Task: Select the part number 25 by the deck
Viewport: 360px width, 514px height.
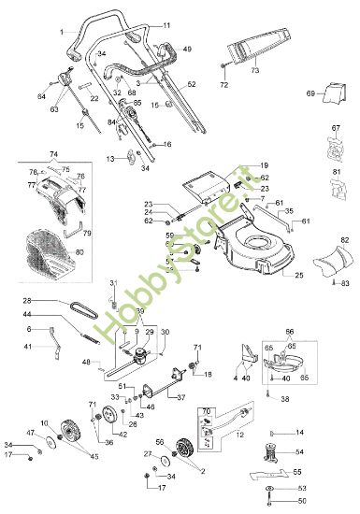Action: click(x=300, y=277)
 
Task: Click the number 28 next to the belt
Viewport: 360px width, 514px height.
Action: click(x=27, y=301)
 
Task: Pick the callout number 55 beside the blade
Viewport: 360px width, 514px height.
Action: click(x=324, y=472)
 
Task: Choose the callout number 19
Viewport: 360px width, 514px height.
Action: click(x=265, y=164)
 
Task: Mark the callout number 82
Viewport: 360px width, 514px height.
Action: click(x=344, y=240)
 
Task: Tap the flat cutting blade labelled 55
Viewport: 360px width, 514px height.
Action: click(x=280, y=473)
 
